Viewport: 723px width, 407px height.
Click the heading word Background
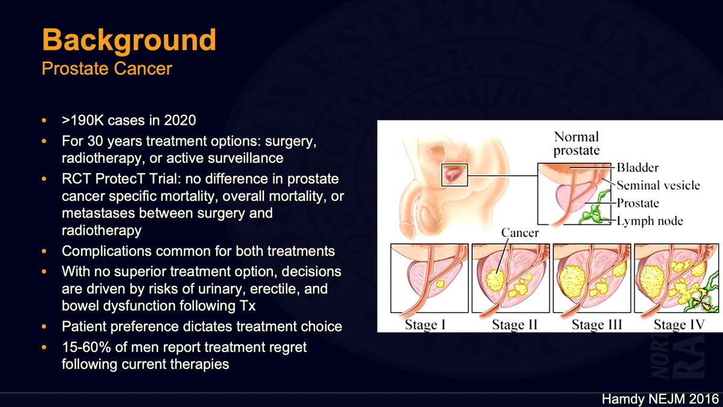[129, 40]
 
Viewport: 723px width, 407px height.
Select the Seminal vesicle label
[658, 185]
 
